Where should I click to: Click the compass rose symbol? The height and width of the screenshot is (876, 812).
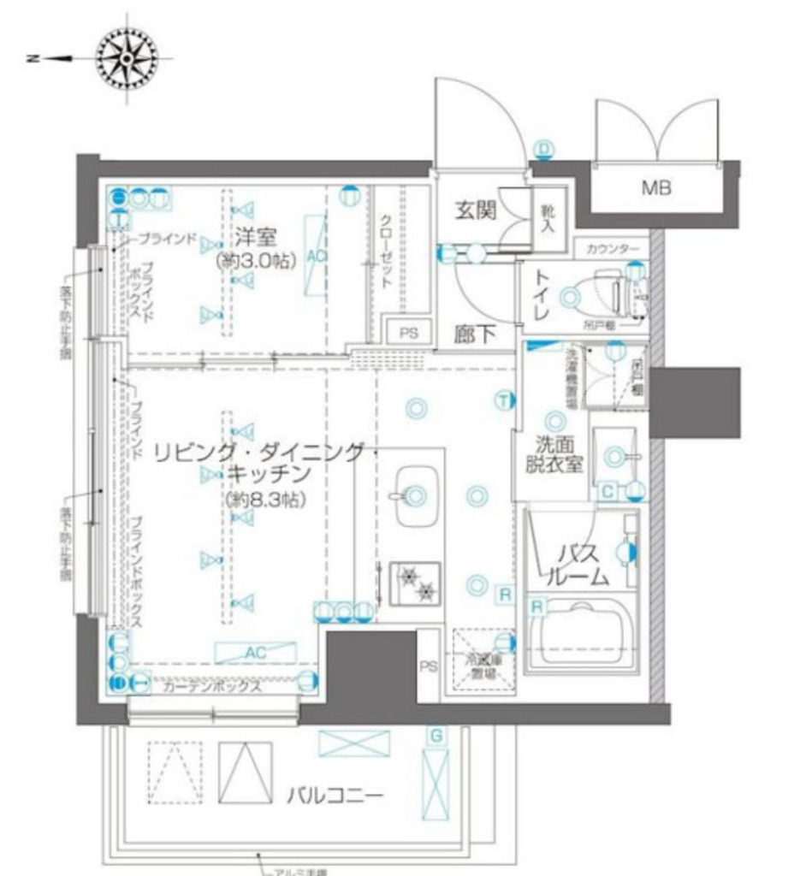[128, 59]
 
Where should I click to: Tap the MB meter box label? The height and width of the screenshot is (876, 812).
[656, 187]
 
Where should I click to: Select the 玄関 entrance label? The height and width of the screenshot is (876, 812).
[475, 210]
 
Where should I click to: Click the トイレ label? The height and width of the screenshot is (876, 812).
[542, 295]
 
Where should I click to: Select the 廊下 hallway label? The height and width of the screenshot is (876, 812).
[475, 334]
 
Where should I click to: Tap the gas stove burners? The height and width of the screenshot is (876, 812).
[416, 582]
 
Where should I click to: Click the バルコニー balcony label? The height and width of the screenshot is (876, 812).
[335, 796]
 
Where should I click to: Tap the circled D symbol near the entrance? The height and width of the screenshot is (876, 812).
[544, 148]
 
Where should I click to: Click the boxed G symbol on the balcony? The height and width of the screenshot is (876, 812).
[436, 735]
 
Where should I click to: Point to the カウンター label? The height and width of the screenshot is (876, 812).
[613, 249]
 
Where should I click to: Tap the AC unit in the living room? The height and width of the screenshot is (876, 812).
[254, 652]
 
